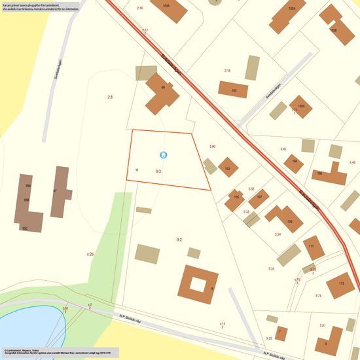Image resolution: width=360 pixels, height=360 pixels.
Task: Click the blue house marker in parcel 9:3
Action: click(x=164, y=154)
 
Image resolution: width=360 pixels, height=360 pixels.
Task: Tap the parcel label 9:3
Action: click(x=158, y=171)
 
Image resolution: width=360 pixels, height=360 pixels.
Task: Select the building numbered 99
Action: click(x=161, y=94)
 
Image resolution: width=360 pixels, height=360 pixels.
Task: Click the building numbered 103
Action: click(x=228, y=167)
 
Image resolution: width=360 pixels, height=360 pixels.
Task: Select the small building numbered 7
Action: click(x=281, y=333)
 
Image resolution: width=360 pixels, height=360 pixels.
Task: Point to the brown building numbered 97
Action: click(x=60, y=191)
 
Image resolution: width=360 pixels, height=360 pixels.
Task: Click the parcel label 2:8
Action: click(x=110, y=97)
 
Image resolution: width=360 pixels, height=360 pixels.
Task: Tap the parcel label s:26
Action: click(x=90, y=253)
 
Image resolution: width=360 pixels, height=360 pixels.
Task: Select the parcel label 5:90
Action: click(x=212, y=146)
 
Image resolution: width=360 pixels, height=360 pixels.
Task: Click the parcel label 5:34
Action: click(x=278, y=234)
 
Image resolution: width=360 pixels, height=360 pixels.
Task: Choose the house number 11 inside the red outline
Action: click(x=137, y=170)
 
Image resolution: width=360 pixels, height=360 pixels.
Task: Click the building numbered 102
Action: click(x=233, y=90)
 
